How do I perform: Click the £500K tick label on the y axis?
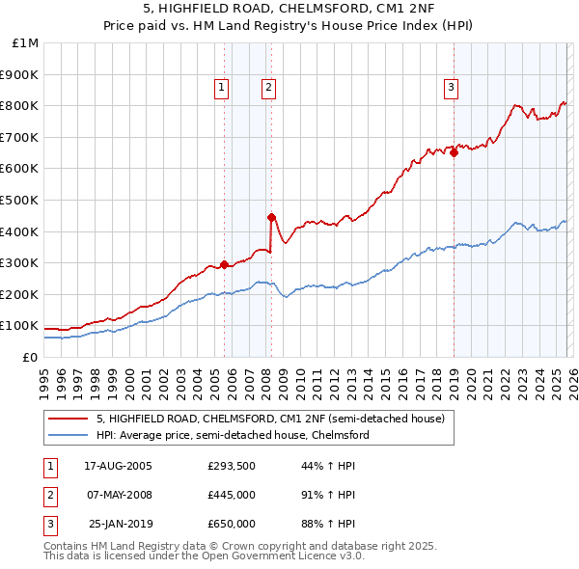pyautogui.click(x=21, y=200)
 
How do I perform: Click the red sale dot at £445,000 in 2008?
pyautogui.click(x=271, y=217)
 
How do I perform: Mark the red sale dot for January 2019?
pyautogui.click(x=454, y=152)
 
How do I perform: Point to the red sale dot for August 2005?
pyautogui.click(x=225, y=264)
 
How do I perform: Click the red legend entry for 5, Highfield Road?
pyautogui.click(x=270, y=419)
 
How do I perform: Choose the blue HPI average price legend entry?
pyautogui.click(x=233, y=435)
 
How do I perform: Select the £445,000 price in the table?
pyautogui.click(x=231, y=495)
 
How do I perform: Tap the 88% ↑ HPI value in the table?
pyautogui.click(x=328, y=524)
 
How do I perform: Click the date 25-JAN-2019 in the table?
pyautogui.click(x=119, y=524)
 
